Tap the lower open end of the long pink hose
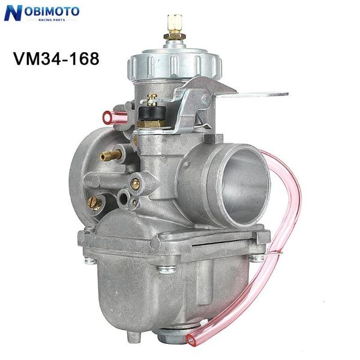coord(191,340)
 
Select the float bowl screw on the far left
coord(88,260)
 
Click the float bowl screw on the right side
coord(256,259)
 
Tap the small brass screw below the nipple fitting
coord(136,184)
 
